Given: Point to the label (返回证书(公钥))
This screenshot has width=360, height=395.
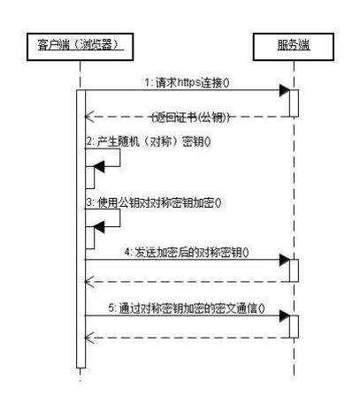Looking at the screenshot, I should [x=189, y=117].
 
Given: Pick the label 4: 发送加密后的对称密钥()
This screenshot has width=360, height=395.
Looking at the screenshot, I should [x=186, y=252].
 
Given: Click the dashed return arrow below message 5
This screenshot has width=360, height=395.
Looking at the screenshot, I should [x=186, y=337].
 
